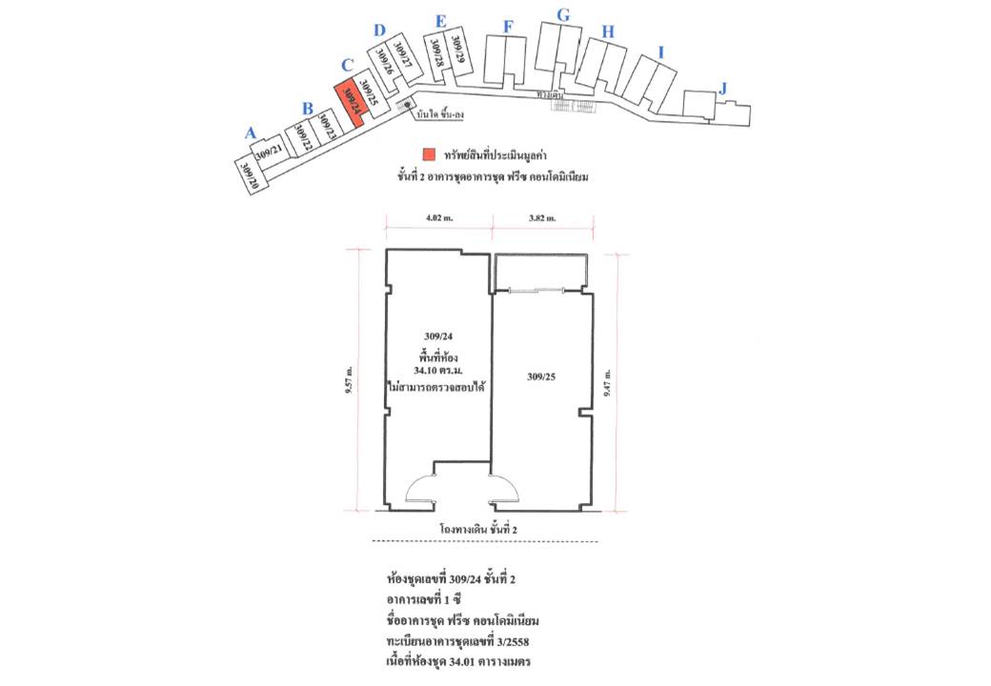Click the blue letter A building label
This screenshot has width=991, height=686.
point(250,133)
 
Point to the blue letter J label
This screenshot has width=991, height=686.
point(723,89)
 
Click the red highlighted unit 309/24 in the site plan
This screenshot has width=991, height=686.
point(351,102)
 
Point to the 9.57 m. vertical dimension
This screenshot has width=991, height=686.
point(350,380)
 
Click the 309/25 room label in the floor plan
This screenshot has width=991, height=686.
point(540,377)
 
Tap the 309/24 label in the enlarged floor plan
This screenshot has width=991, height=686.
point(437,336)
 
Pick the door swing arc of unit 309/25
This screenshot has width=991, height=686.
point(505,488)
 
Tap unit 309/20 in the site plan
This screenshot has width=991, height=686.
point(250,176)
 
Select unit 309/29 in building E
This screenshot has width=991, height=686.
point(458,51)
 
